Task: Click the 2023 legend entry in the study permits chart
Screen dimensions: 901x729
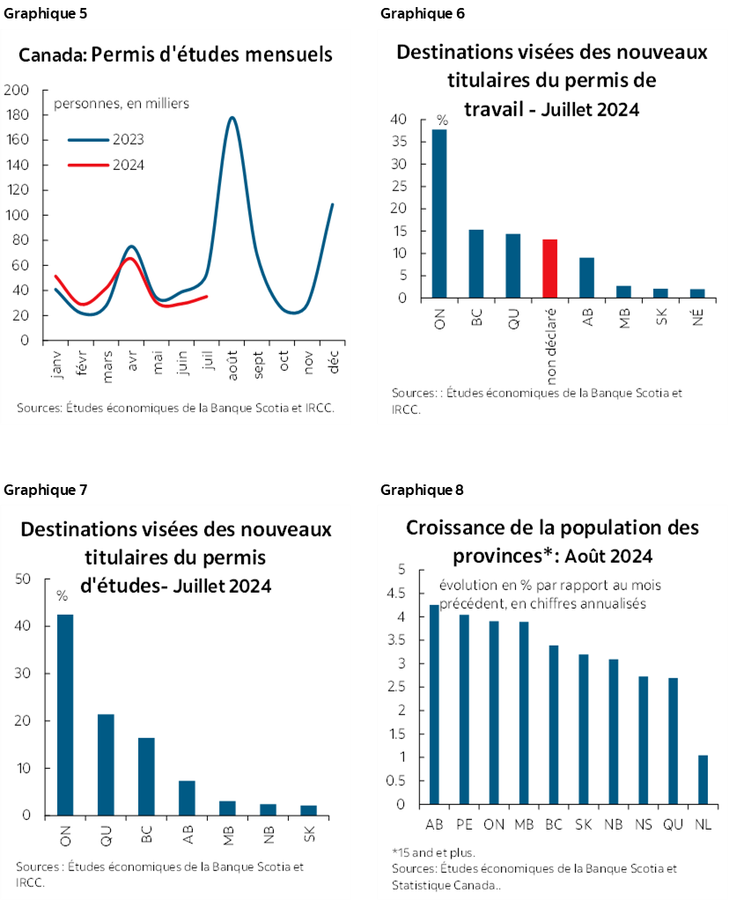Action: point(107,139)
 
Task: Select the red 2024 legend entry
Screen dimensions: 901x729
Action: point(107,165)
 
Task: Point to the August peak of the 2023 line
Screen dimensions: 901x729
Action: point(232,118)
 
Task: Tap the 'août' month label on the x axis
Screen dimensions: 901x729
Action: point(233,362)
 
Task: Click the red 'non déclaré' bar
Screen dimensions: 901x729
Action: point(549,269)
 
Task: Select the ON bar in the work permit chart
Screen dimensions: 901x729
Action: point(438,214)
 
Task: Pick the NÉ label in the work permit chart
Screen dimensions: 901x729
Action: point(697,319)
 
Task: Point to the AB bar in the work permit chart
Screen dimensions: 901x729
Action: point(586,277)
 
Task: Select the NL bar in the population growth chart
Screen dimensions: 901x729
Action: point(703,779)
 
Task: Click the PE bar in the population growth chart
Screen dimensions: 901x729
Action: point(465,709)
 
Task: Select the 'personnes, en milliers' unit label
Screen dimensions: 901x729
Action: point(121,104)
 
